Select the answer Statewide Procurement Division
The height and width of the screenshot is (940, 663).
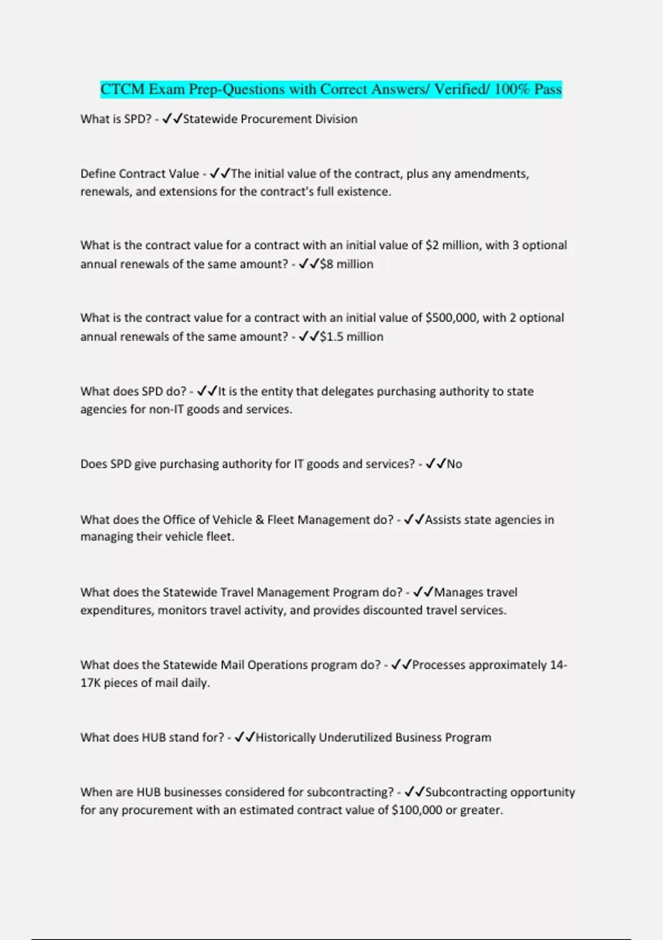click(270, 119)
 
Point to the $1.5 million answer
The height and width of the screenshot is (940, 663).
click(351, 336)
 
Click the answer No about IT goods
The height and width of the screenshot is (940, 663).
click(454, 464)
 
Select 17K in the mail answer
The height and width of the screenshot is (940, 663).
click(90, 682)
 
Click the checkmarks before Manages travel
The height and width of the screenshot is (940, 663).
click(423, 592)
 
